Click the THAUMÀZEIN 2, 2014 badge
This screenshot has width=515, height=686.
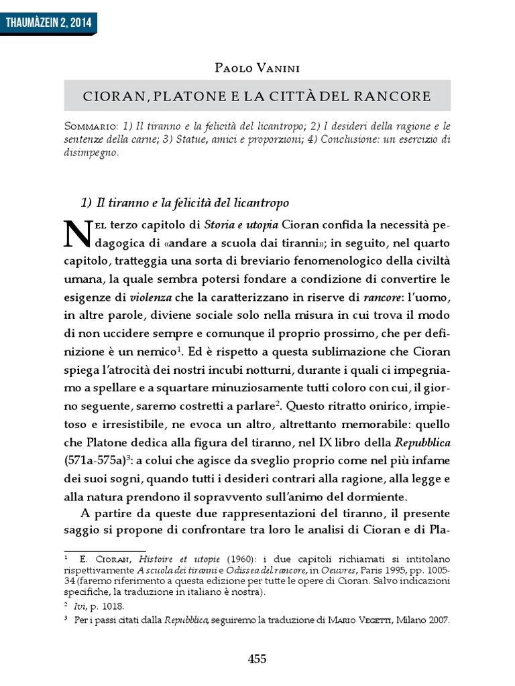48,23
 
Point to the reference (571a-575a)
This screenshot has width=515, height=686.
97,461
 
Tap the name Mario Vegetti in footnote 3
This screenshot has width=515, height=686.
357,620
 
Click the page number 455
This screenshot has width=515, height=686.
257,659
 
